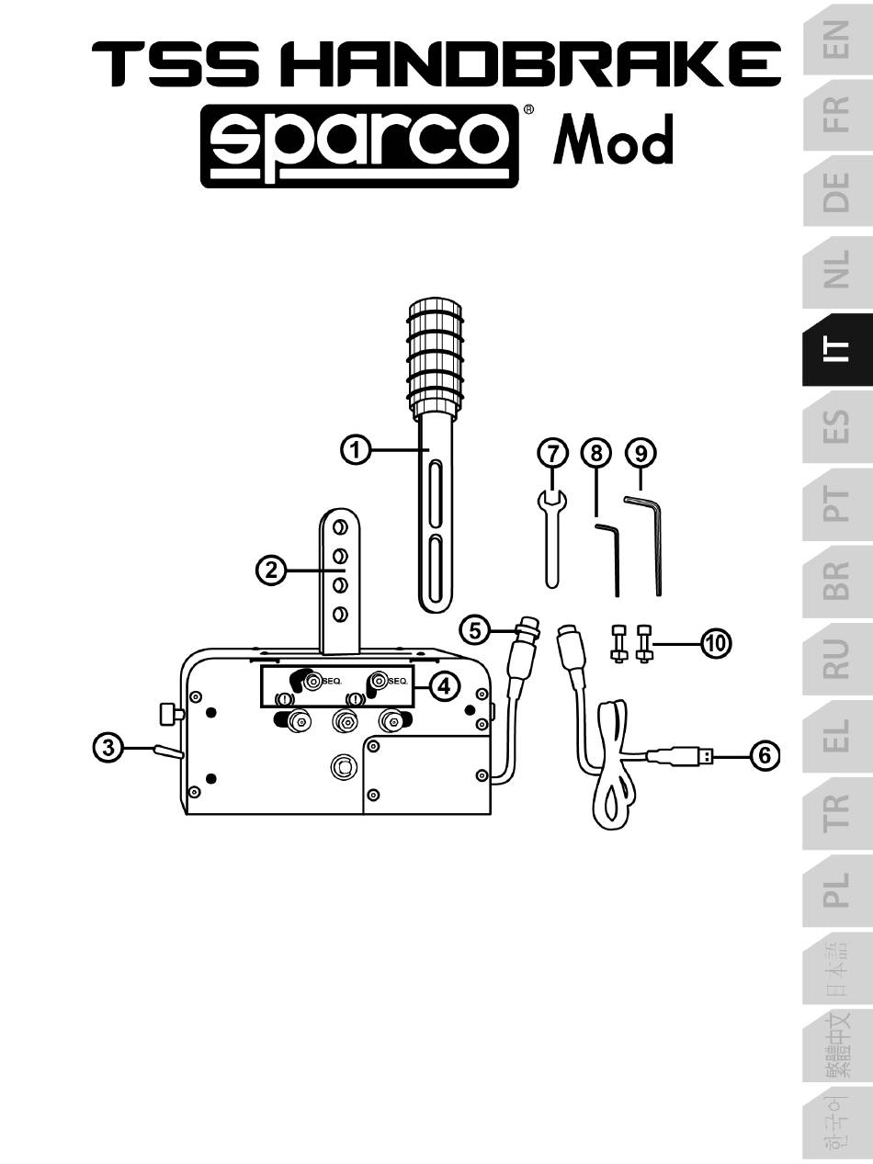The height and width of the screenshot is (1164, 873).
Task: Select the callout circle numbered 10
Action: [716, 643]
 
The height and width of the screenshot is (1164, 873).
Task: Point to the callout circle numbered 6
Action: [765, 755]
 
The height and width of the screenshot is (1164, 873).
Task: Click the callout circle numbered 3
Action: [108, 748]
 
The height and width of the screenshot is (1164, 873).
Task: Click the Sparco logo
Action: [359, 146]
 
